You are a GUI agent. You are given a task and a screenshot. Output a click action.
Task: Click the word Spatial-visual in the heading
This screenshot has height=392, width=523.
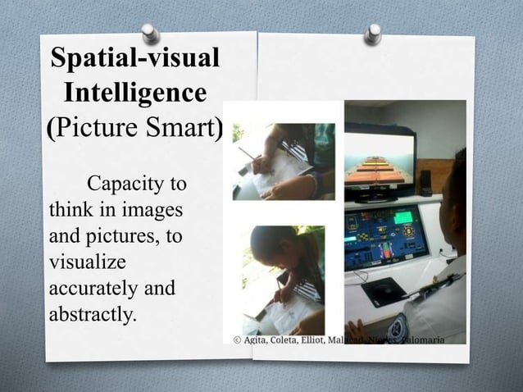(x=136, y=58)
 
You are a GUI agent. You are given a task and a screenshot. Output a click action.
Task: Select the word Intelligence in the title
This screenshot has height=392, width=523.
(x=136, y=93)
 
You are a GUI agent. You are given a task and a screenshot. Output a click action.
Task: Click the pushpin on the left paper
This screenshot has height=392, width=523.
(x=150, y=33)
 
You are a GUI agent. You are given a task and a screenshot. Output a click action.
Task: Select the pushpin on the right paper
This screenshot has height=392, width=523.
(x=374, y=34)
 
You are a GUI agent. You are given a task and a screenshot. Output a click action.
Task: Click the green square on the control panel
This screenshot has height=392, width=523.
(x=403, y=217)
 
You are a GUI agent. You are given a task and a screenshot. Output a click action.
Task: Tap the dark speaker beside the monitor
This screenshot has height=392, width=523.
(x=425, y=181)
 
